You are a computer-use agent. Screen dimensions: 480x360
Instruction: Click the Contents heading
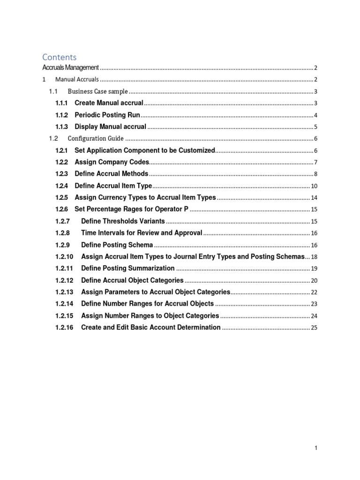pyautogui.click(x=59, y=57)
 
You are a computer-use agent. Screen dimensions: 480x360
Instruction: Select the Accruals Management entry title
pyautogui.click(x=70, y=68)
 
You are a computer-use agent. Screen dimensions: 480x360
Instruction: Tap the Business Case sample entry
pyautogui.click(x=97, y=91)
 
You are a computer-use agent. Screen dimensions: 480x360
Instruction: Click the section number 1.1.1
pyautogui.click(x=61, y=103)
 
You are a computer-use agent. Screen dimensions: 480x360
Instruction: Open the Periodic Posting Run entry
pyautogui.click(x=107, y=115)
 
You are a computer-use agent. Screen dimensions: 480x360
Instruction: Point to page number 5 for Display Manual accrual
pyautogui.click(x=316, y=127)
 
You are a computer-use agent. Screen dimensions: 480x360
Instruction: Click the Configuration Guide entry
pyautogui.click(x=96, y=138)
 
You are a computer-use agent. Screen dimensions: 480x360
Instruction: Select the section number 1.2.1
pyautogui.click(x=61, y=150)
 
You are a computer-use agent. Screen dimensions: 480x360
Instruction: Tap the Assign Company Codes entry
pyautogui.click(x=112, y=162)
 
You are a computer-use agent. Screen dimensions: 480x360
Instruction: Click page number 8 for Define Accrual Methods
pyautogui.click(x=316, y=174)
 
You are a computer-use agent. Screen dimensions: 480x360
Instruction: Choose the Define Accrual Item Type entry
pyautogui.click(x=113, y=186)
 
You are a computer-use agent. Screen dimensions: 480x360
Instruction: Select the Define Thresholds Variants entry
pyautogui.click(x=123, y=221)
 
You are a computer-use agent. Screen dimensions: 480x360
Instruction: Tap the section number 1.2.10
pyautogui.click(x=64, y=256)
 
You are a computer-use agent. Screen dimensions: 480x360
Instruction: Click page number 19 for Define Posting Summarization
pyautogui.click(x=314, y=269)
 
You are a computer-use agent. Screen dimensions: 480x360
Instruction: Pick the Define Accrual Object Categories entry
pyautogui.click(x=132, y=280)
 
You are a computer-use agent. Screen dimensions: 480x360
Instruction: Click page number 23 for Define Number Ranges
pyautogui.click(x=314, y=304)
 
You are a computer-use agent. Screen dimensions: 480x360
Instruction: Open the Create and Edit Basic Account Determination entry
pyautogui.click(x=150, y=327)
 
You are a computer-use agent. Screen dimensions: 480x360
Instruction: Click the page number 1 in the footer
pyautogui.click(x=316, y=448)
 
